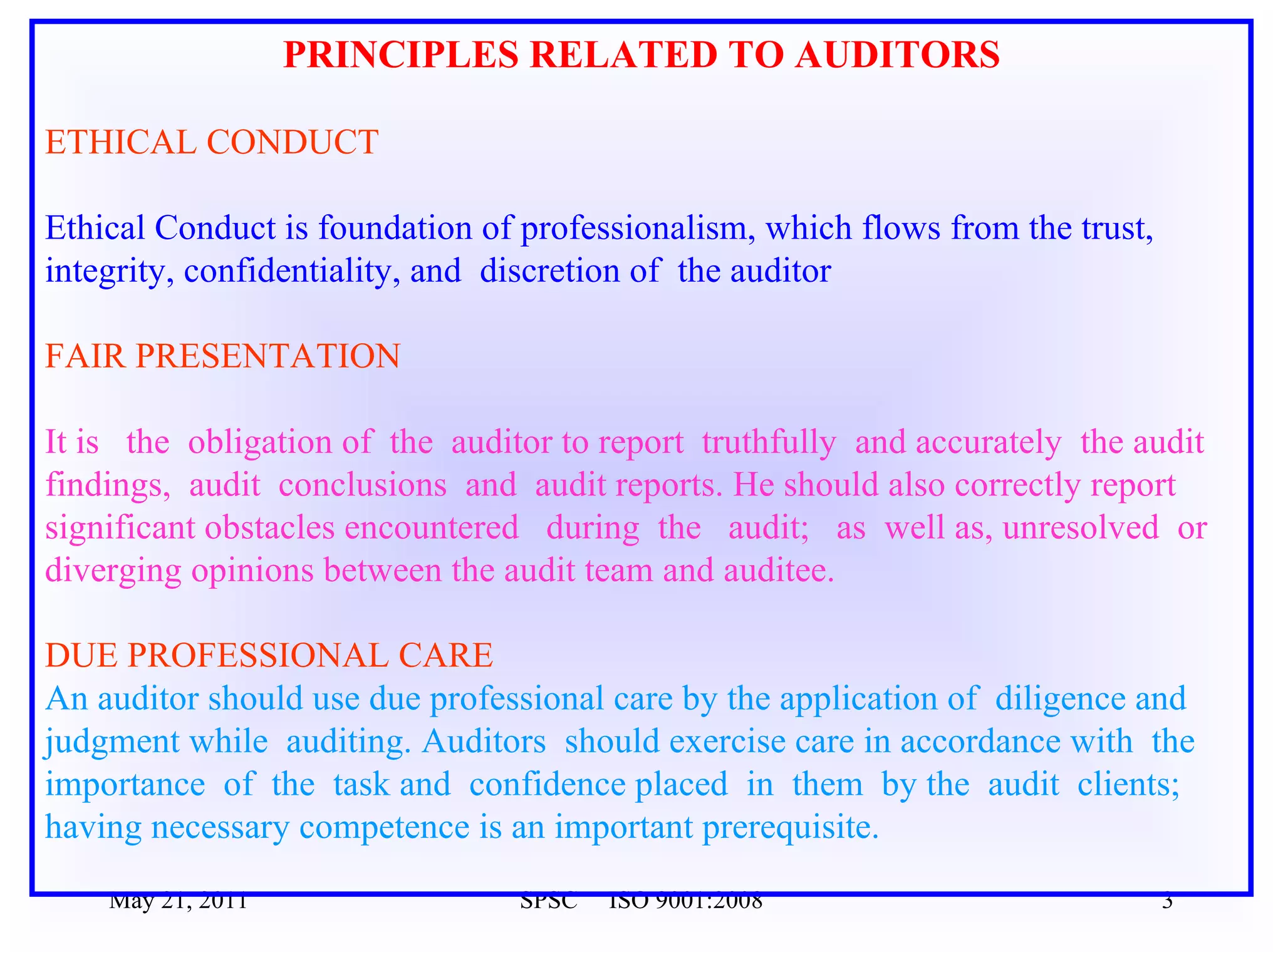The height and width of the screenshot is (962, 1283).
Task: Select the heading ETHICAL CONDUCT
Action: [x=212, y=142]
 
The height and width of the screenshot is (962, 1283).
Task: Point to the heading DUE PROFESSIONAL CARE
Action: [x=269, y=655]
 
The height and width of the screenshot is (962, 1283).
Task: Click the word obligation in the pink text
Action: [x=260, y=442]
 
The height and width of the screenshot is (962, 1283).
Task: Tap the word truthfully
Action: [x=769, y=442]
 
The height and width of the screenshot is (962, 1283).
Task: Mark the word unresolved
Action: [x=1081, y=527]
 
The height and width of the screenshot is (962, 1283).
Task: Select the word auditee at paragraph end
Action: [x=779, y=571]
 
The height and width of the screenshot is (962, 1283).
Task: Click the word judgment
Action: [x=113, y=742]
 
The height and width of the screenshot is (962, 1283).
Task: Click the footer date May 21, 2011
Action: [x=178, y=903]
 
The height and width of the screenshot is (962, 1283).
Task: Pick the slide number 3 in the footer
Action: [x=1166, y=903]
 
